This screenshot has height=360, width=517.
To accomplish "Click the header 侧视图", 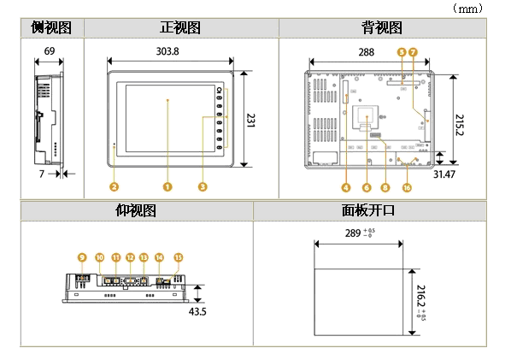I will [x=50, y=28].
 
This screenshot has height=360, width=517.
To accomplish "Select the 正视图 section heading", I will [x=180, y=28].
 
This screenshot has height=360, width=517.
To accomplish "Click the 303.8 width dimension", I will [x=167, y=51].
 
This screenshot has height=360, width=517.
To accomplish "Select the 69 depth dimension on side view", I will [x=50, y=51].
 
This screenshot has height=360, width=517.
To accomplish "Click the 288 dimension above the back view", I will [x=367, y=51].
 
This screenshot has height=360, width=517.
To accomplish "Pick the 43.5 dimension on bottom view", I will [x=197, y=311].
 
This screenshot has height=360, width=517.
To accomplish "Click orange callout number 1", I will [x=168, y=185].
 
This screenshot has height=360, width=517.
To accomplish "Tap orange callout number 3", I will [x=203, y=185].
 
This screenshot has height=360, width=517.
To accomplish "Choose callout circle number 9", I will [x=82, y=257].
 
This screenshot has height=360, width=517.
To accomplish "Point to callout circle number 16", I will [x=407, y=187].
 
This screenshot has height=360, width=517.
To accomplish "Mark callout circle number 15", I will [x=179, y=257].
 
